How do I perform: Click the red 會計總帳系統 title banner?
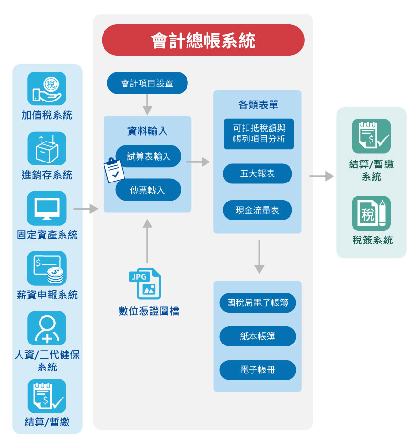[203, 40]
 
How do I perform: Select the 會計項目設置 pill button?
[147, 83]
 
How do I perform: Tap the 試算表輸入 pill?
[149, 156]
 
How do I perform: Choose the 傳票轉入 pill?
[148, 190]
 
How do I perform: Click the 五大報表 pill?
[257, 174]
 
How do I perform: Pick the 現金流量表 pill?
[257, 210]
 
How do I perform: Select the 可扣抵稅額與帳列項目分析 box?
[259, 134]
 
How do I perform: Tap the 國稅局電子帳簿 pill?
[257, 303]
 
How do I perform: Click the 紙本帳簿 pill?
[257, 336]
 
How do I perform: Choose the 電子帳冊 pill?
[257, 370]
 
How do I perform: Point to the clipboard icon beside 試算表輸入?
[113, 170]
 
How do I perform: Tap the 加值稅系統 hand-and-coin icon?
[47, 88]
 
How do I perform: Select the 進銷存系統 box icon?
[47, 148]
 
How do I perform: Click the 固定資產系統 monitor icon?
[47, 208]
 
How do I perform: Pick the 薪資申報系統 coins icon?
[47, 268]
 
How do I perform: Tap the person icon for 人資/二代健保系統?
[47, 328]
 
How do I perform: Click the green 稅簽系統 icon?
[371, 213]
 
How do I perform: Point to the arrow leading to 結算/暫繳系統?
[321, 176]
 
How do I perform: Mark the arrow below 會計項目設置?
[147, 104]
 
